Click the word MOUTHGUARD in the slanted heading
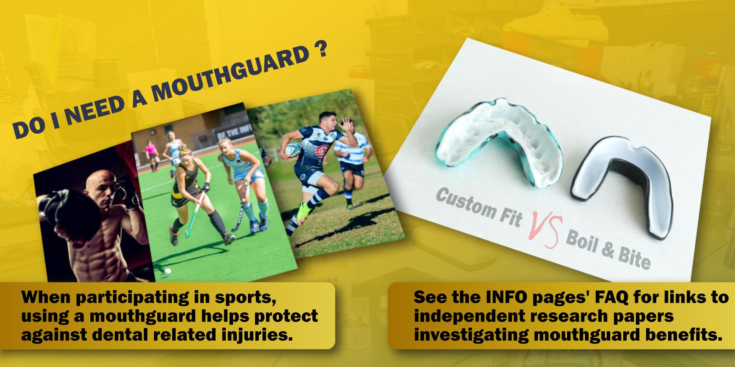point(231,73)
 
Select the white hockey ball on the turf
point(168,271)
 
